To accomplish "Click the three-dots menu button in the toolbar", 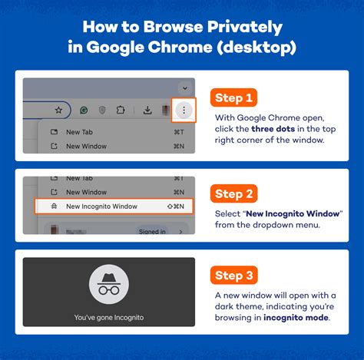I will (184, 111).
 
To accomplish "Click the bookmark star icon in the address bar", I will (58, 111).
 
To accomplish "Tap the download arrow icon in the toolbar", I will (147, 111).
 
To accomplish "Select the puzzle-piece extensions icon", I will (120, 111).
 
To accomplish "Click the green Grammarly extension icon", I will (84, 111).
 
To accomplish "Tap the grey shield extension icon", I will (101, 111).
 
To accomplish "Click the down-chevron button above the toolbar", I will (184, 88).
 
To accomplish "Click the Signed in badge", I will (151, 231).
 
